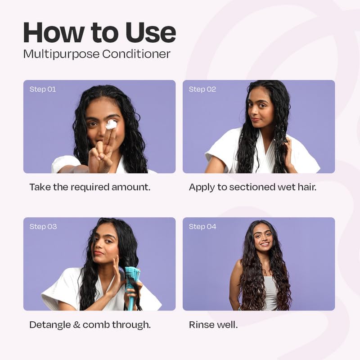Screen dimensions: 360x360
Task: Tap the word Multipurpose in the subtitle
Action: coord(61,54)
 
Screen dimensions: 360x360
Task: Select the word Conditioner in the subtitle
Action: coord(136,54)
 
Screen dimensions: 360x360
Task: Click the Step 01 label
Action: coord(43,89)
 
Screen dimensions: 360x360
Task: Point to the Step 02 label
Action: coord(202,89)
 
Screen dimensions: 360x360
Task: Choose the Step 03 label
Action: coord(43,226)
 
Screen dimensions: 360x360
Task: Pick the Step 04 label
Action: coord(202,226)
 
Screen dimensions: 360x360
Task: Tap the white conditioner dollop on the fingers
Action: coord(111,125)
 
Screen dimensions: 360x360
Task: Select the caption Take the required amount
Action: coord(90,187)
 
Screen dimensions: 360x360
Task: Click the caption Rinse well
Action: coord(213,324)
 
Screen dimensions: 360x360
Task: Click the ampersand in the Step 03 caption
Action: coord(80,324)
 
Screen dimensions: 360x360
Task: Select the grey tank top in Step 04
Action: coord(270,292)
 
